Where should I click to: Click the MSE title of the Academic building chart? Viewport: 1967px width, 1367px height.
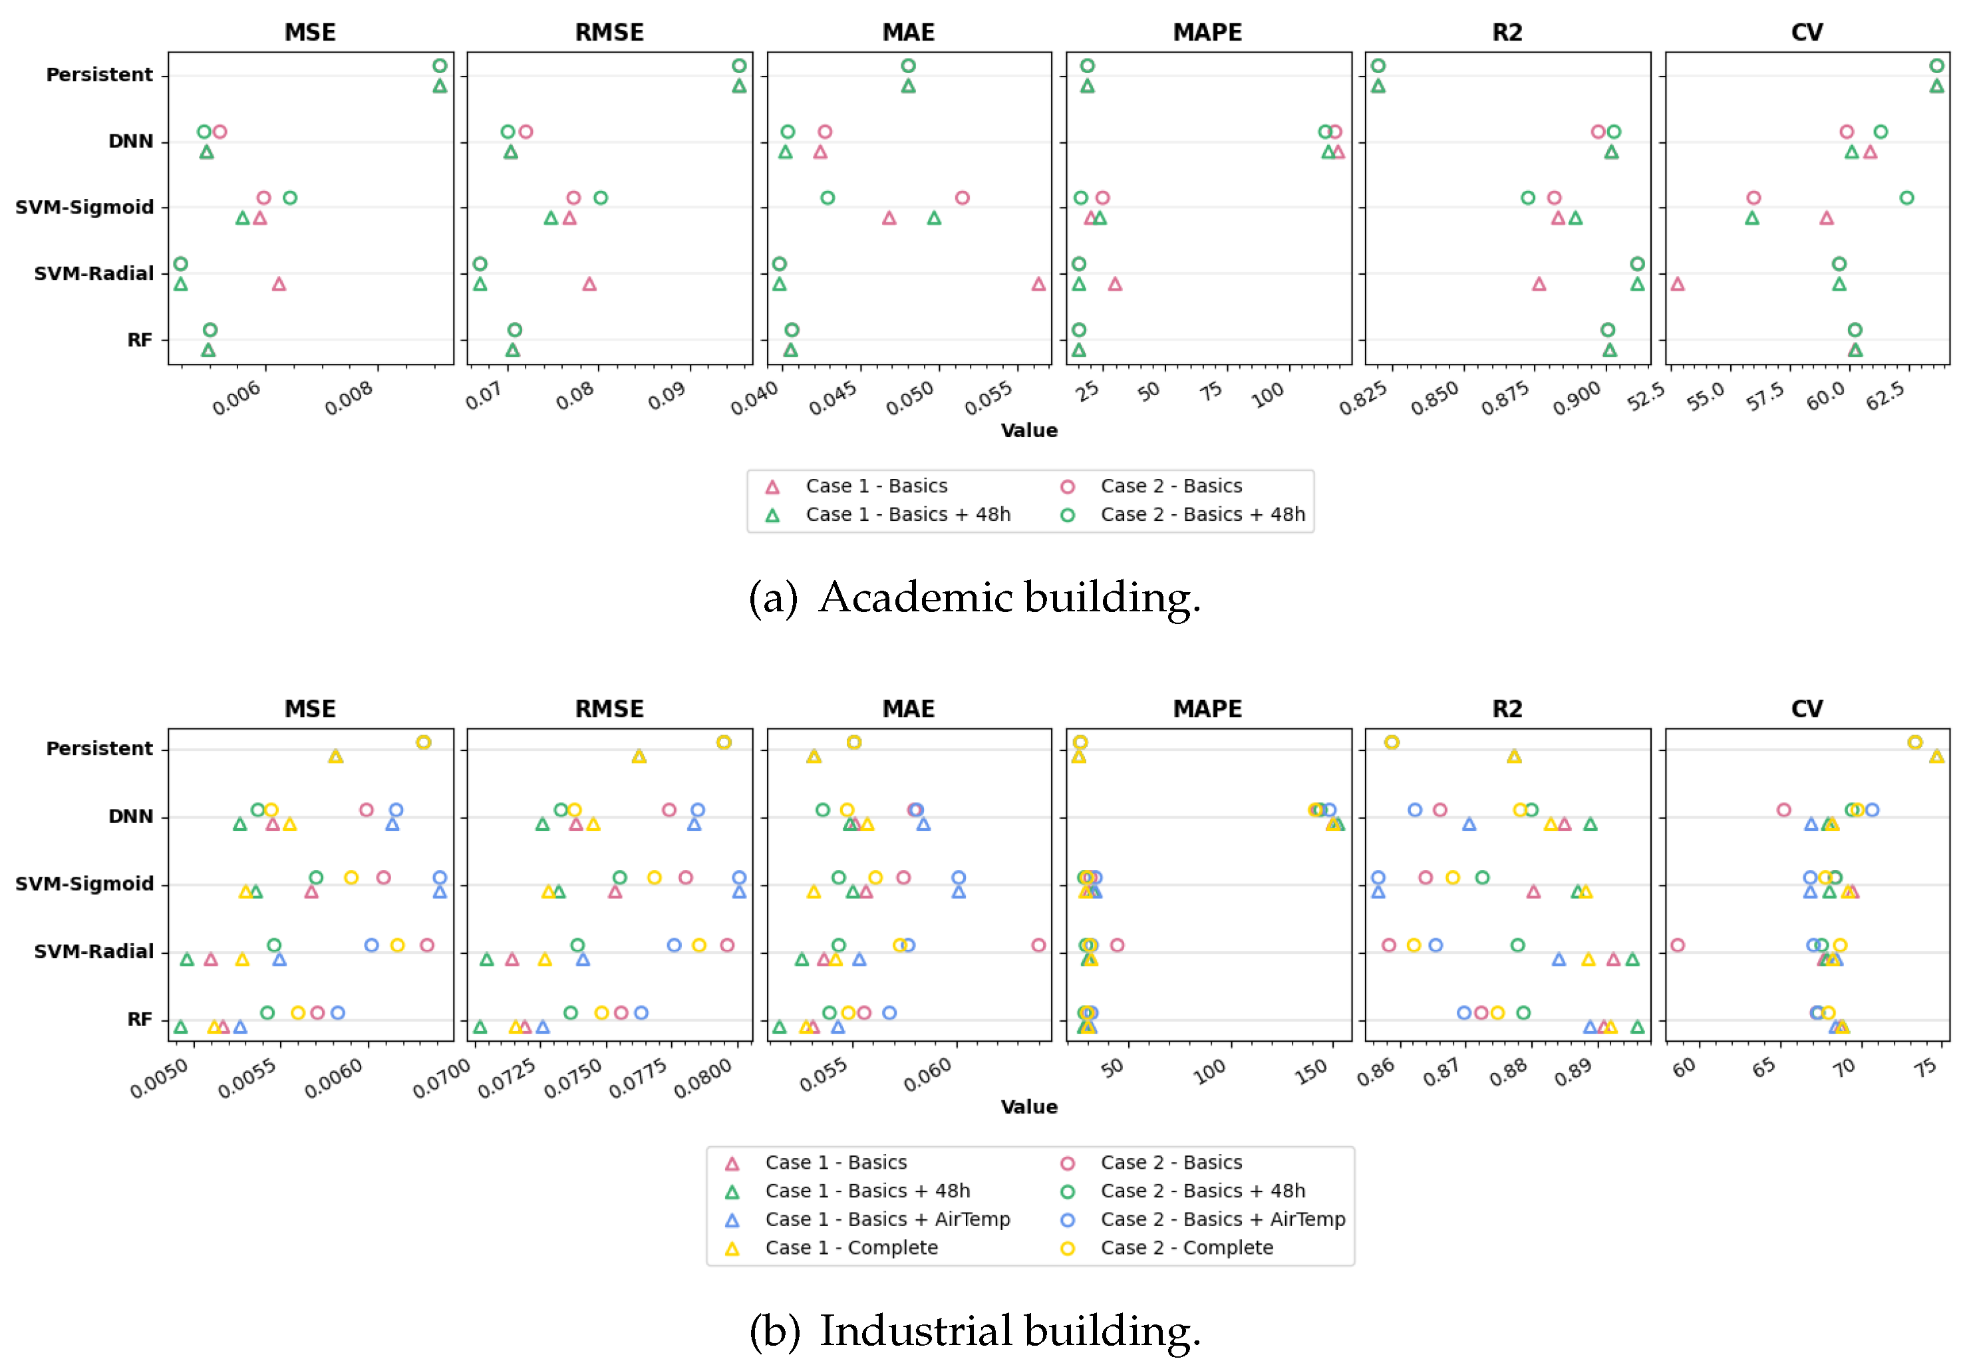[309, 33]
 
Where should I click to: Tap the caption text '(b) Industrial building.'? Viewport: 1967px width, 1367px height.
[974, 1330]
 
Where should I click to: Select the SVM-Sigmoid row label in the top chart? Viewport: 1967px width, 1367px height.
[84, 208]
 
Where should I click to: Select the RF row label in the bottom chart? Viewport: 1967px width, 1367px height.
[140, 1018]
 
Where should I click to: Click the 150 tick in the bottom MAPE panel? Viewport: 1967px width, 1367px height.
[1310, 1070]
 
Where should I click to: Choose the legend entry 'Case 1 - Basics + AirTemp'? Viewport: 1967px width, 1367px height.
[887, 1219]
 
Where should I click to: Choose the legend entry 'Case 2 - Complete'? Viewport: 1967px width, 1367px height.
[1186, 1247]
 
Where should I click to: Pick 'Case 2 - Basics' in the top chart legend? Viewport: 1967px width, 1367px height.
[1171, 486]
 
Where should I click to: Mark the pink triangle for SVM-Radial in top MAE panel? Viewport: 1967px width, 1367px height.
[1038, 284]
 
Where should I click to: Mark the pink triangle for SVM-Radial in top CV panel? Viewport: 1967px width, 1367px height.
[1677, 284]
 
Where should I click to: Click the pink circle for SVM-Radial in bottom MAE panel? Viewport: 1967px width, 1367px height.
[1038, 945]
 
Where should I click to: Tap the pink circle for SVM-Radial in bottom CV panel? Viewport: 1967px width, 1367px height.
[1677, 945]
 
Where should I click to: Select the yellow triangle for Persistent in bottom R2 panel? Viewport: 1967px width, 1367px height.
[1513, 756]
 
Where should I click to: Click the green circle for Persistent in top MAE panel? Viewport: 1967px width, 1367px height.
[908, 66]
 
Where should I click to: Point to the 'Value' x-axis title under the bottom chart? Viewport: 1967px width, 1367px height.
[1028, 1107]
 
